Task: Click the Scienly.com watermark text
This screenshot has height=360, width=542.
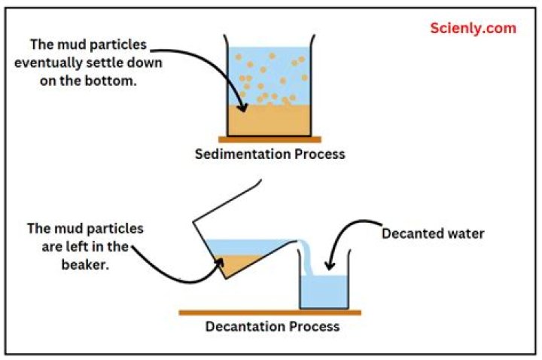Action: tap(473, 29)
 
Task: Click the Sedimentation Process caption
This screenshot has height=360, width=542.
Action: tap(269, 154)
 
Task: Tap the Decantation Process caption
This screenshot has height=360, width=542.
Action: tap(273, 327)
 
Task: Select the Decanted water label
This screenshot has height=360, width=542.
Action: tap(433, 233)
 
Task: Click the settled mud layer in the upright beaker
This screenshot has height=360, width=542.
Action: tap(269, 121)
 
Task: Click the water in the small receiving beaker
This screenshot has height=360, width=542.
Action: tap(324, 291)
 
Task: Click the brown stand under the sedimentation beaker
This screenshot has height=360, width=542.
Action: tap(269, 139)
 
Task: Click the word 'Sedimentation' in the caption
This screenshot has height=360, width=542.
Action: tap(238, 154)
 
